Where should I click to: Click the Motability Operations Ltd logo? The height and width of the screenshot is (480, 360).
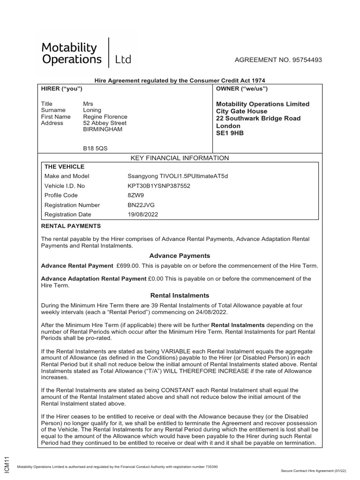87,53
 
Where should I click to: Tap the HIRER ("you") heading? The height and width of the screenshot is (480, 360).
62,89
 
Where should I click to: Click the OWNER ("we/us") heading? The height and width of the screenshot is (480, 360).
242,89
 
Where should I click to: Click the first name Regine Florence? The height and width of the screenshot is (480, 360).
105,117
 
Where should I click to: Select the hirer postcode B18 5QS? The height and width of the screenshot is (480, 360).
95,148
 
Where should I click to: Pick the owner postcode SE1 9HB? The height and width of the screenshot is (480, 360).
230,133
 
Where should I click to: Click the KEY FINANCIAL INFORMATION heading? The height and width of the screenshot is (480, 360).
180,158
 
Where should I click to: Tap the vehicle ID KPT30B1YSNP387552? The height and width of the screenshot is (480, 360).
156,186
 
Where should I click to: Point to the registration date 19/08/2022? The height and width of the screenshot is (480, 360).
143,214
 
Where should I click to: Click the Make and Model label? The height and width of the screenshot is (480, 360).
67,176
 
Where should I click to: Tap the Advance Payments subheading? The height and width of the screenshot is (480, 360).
180,255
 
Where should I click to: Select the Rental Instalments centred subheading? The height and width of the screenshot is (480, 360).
180,295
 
